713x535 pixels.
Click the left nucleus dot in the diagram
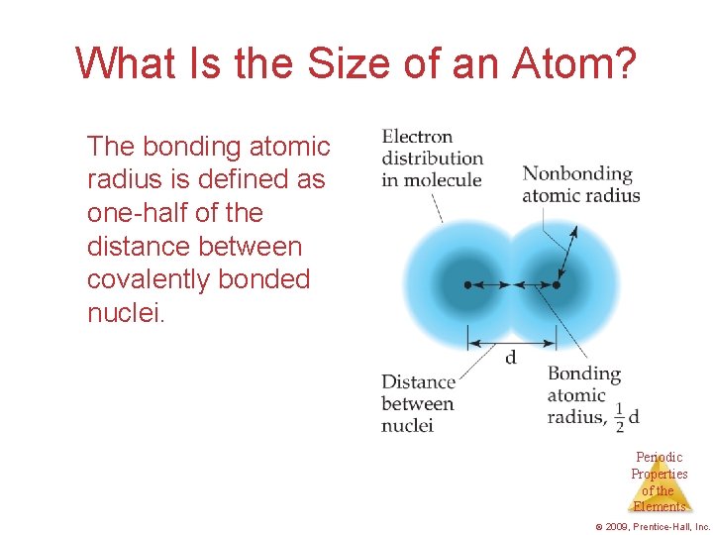(x=467, y=284)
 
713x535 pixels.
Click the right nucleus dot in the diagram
(x=556, y=284)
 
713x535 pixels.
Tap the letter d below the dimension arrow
(x=511, y=358)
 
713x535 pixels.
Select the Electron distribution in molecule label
(x=432, y=159)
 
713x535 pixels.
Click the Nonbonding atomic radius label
(x=580, y=184)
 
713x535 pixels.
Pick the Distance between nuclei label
(x=418, y=403)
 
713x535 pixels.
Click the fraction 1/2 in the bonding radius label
(x=619, y=417)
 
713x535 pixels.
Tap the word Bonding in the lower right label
(x=583, y=374)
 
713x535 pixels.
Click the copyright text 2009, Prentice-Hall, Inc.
(x=655, y=526)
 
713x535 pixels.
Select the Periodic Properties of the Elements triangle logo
(x=660, y=482)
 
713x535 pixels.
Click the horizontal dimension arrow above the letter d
(x=511, y=343)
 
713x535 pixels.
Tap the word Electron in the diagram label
(x=417, y=137)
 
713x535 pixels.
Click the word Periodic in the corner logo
(x=660, y=457)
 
